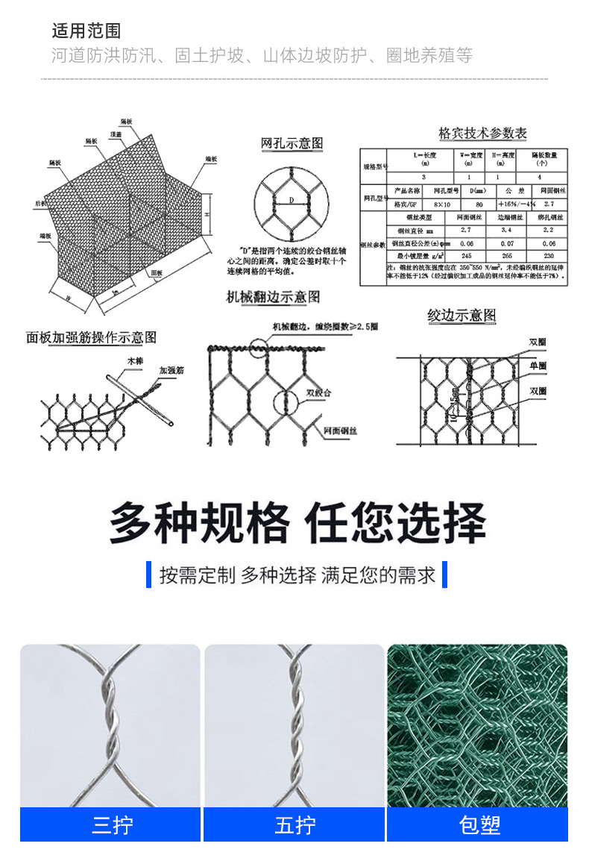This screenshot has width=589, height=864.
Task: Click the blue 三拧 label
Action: (x=110, y=824)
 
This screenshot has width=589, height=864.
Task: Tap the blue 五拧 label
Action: (x=294, y=824)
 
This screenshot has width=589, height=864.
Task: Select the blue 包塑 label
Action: (x=477, y=824)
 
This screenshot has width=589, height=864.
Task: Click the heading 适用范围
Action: (x=86, y=31)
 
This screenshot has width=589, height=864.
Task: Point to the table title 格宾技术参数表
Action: (x=482, y=134)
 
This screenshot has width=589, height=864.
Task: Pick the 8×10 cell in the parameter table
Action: (x=441, y=204)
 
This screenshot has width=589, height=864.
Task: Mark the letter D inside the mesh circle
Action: (x=292, y=199)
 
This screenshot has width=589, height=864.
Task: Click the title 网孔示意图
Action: (x=292, y=143)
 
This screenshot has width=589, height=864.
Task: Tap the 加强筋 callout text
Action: (x=171, y=369)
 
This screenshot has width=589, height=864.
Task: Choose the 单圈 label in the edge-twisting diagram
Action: (x=538, y=366)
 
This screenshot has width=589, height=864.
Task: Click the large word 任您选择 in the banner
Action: (x=396, y=522)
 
